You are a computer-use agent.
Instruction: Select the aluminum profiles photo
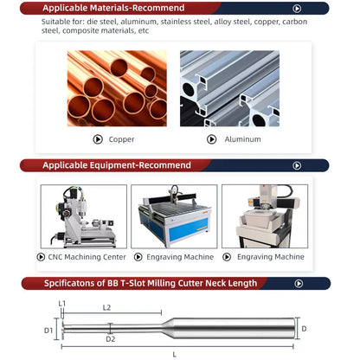[229, 87]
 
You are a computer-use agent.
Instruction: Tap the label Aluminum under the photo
[242, 139]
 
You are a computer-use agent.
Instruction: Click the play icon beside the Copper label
[98, 139]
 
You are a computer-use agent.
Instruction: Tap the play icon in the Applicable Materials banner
[297, 9]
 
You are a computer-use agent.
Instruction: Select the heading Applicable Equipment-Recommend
[117, 165]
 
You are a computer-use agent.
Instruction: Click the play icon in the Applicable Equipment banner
[297, 165]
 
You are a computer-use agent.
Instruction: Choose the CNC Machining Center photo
[82, 216]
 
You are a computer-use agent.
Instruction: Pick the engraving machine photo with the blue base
[174, 216]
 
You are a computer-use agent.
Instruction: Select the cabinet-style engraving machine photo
[264, 216]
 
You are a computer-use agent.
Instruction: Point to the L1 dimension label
[62, 303]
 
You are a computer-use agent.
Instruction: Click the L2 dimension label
[106, 308]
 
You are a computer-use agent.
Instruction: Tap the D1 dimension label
[48, 330]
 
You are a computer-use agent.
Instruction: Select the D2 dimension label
[110, 339]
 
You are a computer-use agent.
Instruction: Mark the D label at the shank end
[304, 329]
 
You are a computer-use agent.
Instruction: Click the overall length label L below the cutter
[175, 354]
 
